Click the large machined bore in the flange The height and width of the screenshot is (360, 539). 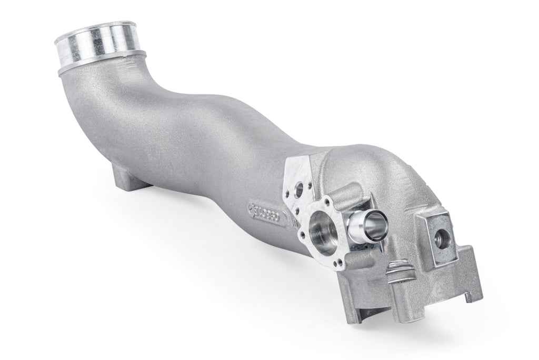(323, 227)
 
